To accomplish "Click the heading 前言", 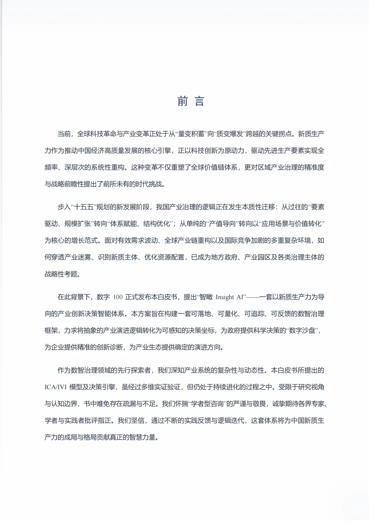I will point(191,101).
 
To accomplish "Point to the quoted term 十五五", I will point(83,207).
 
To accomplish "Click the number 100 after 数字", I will point(118,297).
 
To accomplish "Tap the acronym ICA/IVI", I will point(55,387).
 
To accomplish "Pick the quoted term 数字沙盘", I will point(302,331).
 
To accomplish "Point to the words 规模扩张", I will point(78,224).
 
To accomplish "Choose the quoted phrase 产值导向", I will point(222,224).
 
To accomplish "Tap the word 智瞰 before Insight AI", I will point(206,297).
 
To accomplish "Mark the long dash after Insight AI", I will point(252,297).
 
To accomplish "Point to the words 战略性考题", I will point(61,274).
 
